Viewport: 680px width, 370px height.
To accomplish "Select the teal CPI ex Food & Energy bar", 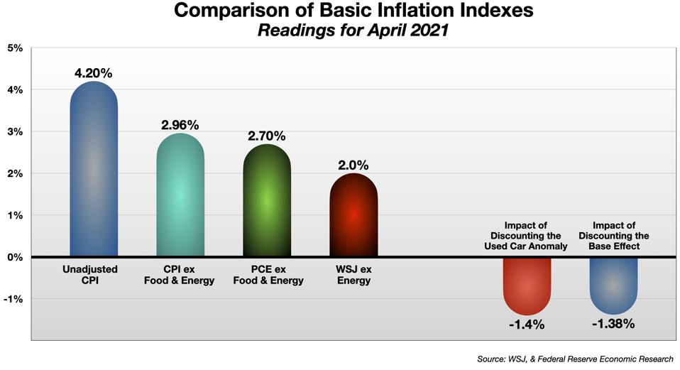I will tap(180, 195).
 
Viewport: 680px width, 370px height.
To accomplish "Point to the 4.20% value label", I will tap(94, 72).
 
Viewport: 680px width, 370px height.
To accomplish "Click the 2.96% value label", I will tap(180, 125).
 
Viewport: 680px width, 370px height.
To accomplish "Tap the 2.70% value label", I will tap(267, 136).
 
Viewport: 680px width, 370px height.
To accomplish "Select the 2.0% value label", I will tap(353, 165).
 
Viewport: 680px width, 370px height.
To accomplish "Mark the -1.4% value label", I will tap(527, 325).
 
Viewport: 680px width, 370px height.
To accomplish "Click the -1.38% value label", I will tap(613, 324).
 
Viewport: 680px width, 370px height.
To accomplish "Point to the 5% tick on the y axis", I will tap(14, 48).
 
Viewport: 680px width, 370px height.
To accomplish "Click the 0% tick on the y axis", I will tap(14, 257).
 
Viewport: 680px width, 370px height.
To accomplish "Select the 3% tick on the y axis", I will tap(14, 132).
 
